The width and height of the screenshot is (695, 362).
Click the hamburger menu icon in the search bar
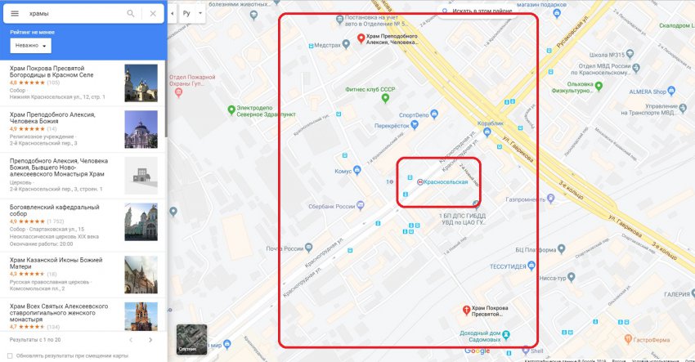tap(14, 13)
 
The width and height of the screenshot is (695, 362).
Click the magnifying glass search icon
tap(131, 13)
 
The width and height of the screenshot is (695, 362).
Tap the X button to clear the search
tap(153, 13)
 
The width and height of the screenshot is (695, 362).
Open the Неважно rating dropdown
tap(31, 46)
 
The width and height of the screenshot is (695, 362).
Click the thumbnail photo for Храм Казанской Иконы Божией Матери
tap(141, 275)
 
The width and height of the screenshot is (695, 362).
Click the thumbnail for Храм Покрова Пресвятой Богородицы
tap(141, 83)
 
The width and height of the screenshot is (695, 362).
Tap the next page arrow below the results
tap(150, 339)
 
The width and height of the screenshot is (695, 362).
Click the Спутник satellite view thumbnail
tap(191, 339)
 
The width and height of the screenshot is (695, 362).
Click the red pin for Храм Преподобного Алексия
tap(361, 38)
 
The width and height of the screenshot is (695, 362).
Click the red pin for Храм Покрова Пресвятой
tap(466, 310)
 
